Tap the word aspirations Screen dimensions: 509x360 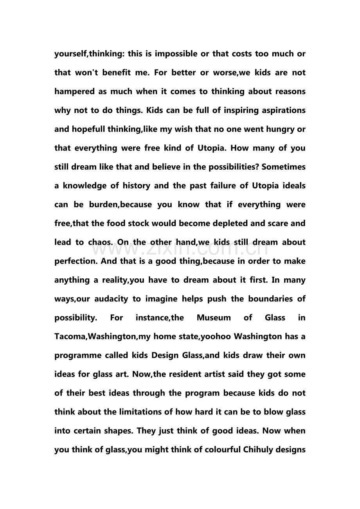tap(281, 111)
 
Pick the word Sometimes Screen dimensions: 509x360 tap(283, 167)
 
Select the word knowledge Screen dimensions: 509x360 tap(83, 186)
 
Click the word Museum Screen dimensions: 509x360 tap(214, 318)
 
